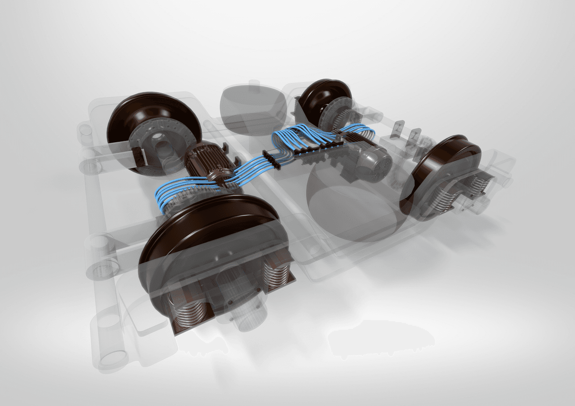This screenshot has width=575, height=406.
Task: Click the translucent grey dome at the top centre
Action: click(x=252, y=105)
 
